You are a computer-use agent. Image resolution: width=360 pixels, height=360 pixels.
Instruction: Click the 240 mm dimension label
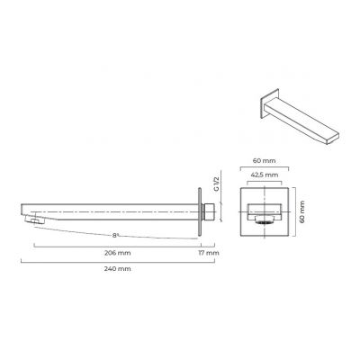pyautogui.click(x=117, y=269)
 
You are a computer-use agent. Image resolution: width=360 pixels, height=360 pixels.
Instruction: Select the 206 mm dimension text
pyautogui.click(x=117, y=253)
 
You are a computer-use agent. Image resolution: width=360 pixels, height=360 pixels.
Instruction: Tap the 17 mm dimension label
pyautogui.click(x=209, y=253)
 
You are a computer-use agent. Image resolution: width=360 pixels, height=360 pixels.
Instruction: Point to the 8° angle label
pyautogui.click(x=115, y=235)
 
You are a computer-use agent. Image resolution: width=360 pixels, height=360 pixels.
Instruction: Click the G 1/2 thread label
pyautogui.click(x=217, y=184)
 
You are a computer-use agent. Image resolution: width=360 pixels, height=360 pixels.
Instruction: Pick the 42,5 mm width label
pyautogui.click(x=265, y=175)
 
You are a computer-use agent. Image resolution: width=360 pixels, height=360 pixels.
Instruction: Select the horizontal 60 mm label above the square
pyautogui.click(x=264, y=161)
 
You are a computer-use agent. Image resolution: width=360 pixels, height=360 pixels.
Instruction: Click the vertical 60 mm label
pyautogui.click(x=301, y=211)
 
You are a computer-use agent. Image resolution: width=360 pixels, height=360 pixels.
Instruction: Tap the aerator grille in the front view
pyautogui.click(x=265, y=221)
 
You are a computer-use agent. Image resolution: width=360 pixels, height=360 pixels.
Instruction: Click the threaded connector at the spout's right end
pyautogui.click(x=210, y=211)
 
